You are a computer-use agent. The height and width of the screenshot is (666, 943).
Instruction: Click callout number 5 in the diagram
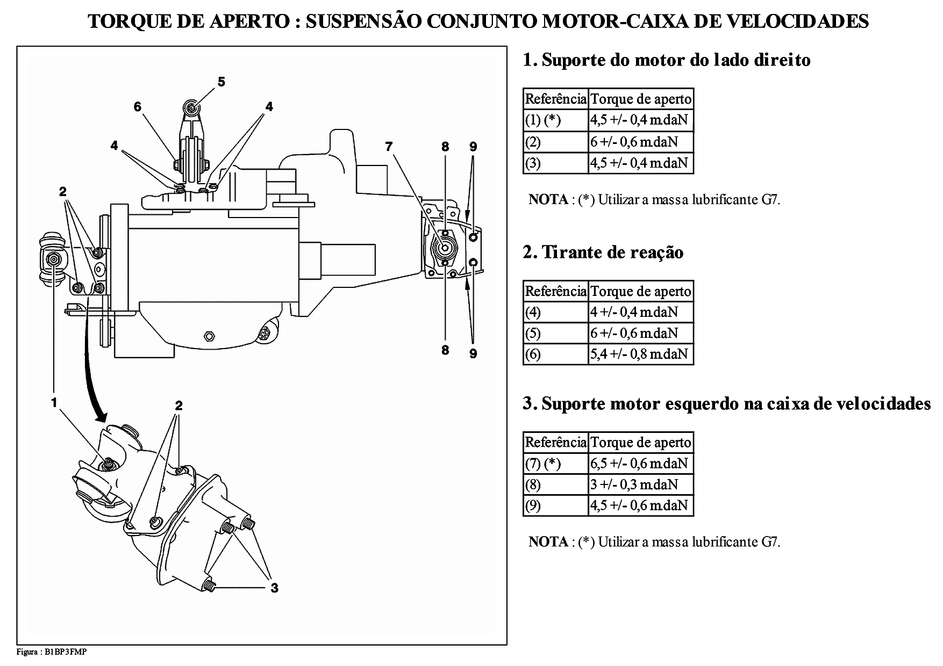222,82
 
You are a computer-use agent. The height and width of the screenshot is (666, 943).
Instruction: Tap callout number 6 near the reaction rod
138,107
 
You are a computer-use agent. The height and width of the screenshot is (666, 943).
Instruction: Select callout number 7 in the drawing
389,146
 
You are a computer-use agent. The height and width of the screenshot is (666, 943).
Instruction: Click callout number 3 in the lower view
274,588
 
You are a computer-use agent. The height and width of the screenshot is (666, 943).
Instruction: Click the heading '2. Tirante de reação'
603,252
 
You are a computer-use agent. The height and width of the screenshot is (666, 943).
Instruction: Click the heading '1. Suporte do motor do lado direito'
666,60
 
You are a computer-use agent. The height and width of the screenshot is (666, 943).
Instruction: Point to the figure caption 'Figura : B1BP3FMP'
52,652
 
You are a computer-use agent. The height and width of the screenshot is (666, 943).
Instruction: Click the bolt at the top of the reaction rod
191,107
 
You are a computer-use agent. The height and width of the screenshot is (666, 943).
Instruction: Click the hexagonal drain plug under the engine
209,337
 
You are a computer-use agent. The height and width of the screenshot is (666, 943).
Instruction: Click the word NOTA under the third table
548,541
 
